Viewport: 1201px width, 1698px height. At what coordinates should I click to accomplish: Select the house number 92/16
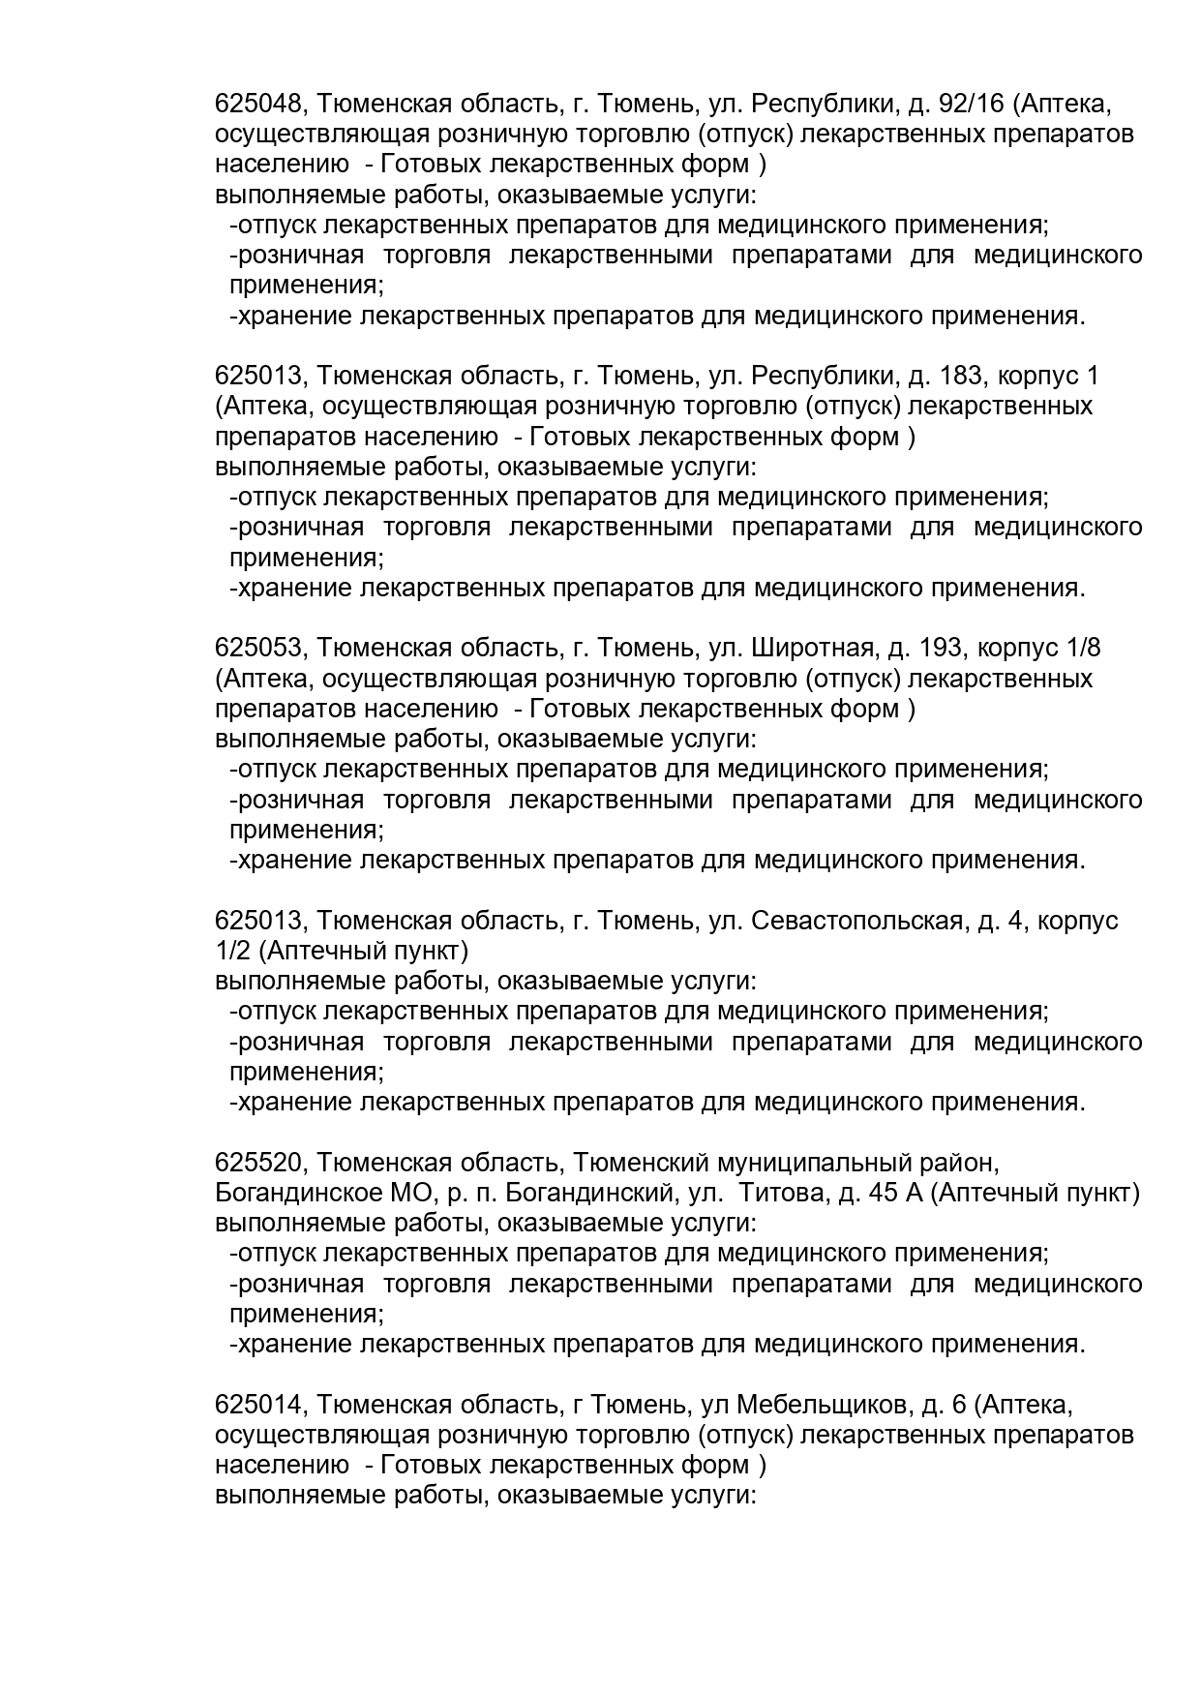point(974,104)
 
